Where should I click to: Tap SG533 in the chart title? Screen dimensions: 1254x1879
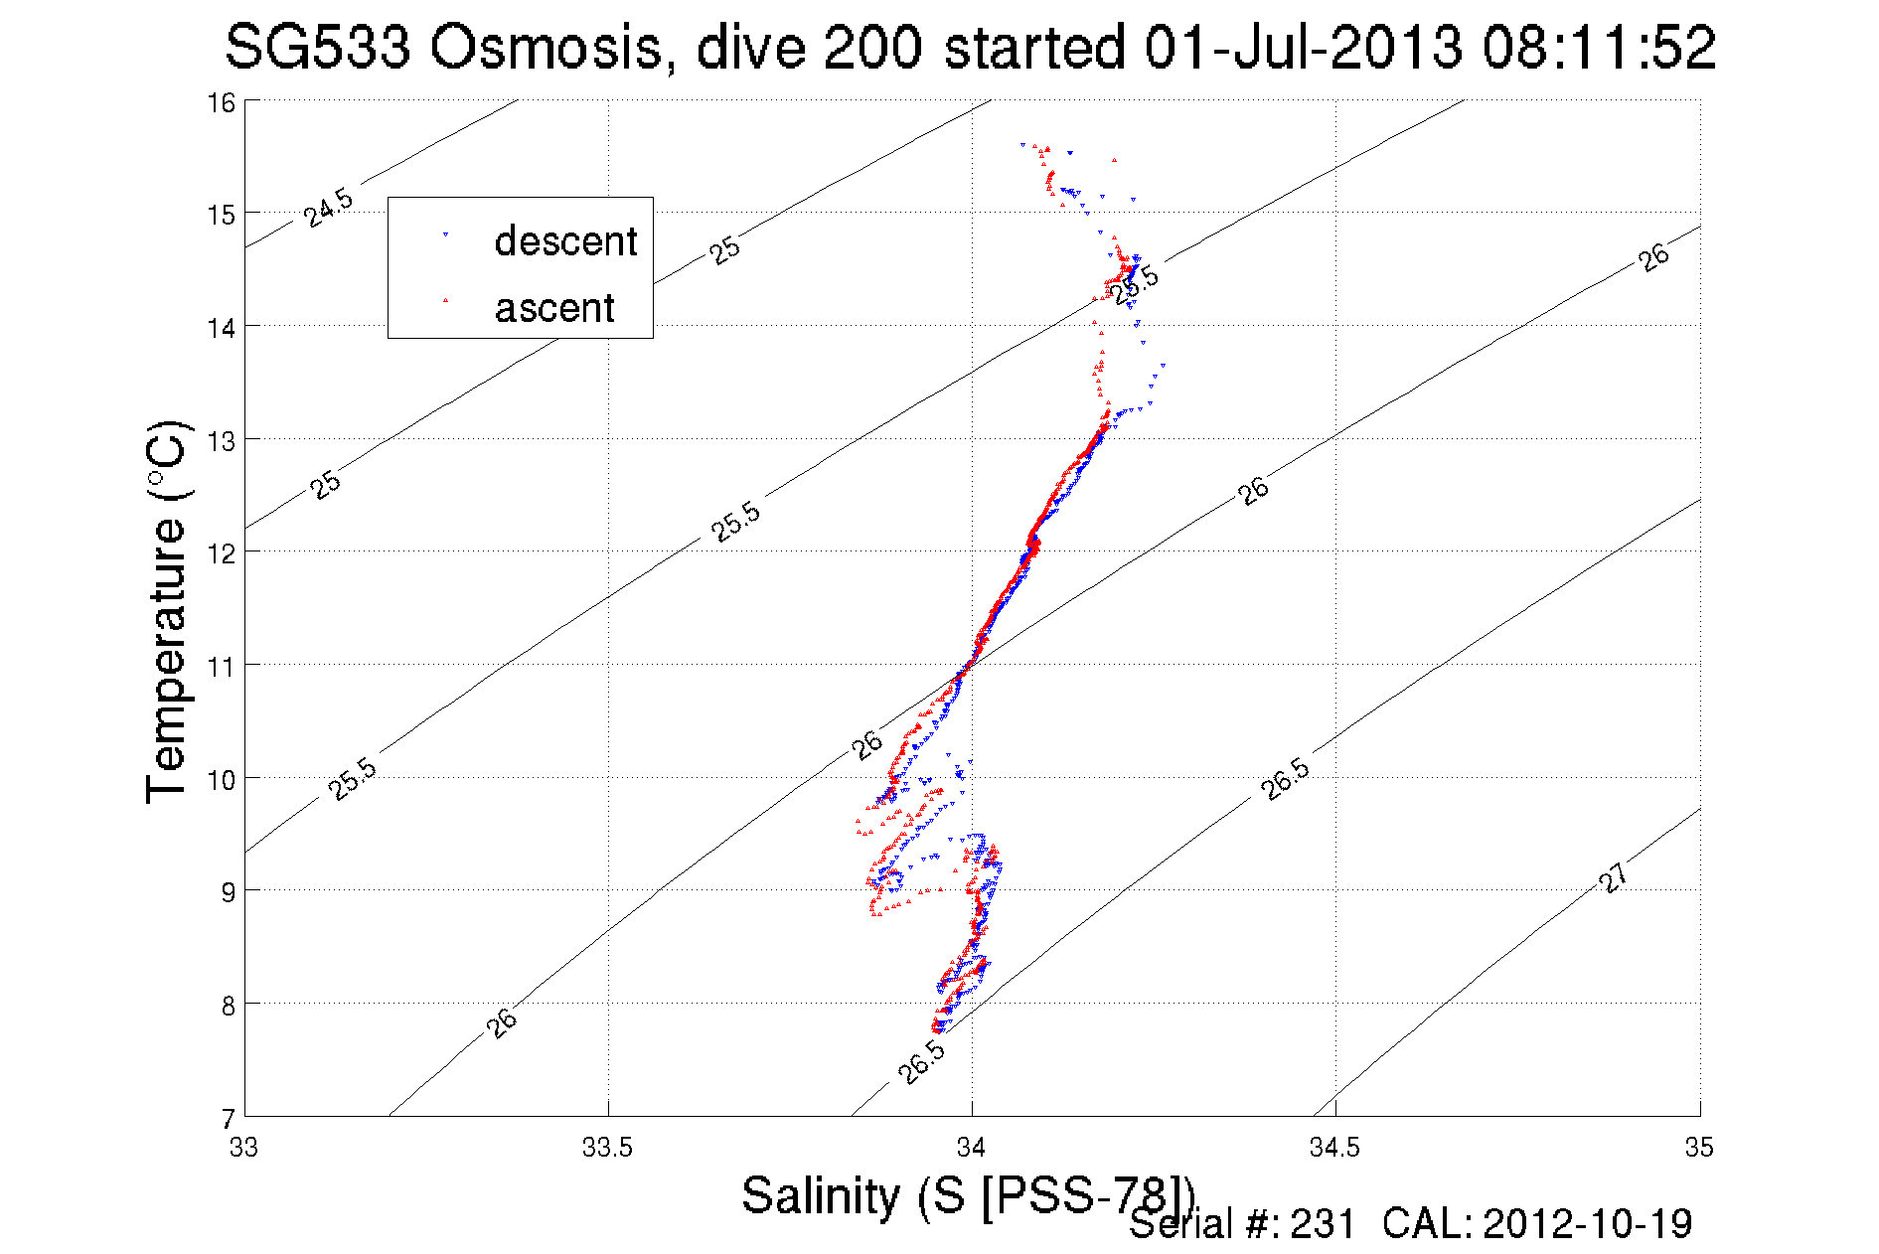pos(317,48)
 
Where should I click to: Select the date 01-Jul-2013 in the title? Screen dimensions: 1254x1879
pos(1303,48)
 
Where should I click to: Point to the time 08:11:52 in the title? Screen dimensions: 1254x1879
pos(1599,48)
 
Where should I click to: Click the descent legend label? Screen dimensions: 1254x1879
pos(565,241)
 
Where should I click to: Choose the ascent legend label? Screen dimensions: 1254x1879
pos(554,308)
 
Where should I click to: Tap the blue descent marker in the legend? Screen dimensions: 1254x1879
pos(445,235)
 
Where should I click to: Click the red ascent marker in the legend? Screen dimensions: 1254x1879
pos(445,299)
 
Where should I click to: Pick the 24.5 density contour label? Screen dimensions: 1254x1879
pos(328,207)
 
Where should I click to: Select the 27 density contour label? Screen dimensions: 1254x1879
pos(1614,877)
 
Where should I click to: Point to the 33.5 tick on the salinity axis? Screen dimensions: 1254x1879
pos(607,1148)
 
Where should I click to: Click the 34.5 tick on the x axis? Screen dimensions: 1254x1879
pos(1334,1148)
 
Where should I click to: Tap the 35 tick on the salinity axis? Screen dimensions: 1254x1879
pos(1699,1148)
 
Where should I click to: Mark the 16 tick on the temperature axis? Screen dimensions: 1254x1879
pos(221,102)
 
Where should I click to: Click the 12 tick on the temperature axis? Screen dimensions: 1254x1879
pos(221,553)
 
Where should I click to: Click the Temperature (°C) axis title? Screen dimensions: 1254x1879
pos(166,612)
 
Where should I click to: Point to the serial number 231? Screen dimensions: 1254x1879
pos(1323,1224)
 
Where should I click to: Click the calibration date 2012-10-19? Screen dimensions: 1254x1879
pos(1587,1224)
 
